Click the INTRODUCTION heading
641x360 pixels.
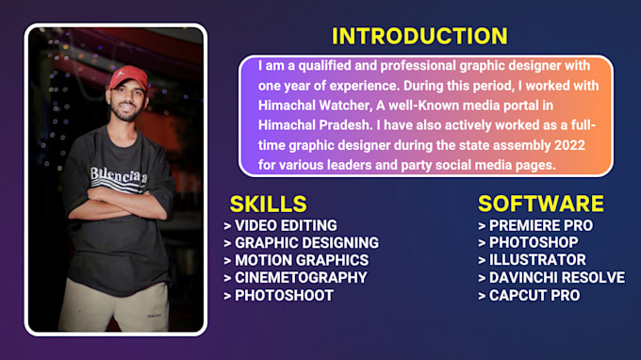pyautogui.click(x=419, y=36)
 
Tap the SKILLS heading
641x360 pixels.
pyautogui.click(x=268, y=204)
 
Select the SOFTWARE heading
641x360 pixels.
pyautogui.click(x=540, y=204)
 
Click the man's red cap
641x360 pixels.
pyautogui.click(x=128, y=77)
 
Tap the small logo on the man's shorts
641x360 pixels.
pyautogui.click(x=154, y=315)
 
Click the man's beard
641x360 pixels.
pyautogui.click(x=125, y=113)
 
